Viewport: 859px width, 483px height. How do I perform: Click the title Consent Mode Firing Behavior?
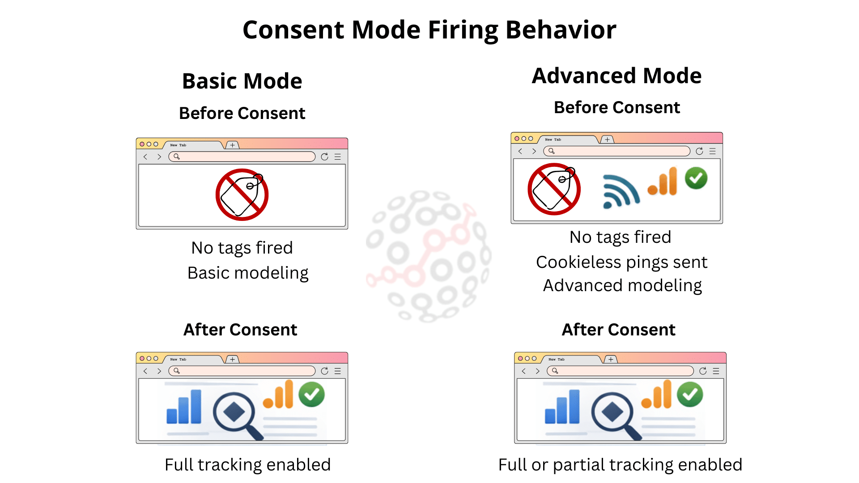tap(429, 30)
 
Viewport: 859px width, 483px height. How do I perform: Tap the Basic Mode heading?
tap(242, 81)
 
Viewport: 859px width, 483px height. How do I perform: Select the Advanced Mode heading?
tap(617, 76)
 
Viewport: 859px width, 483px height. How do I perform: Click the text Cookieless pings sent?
tap(621, 262)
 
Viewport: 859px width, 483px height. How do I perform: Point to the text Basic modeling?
tap(248, 273)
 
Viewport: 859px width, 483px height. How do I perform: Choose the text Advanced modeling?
tap(622, 285)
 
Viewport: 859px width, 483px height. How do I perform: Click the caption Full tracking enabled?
tap(247, 465)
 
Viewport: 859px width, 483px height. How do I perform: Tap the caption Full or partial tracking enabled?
tap(620, 465)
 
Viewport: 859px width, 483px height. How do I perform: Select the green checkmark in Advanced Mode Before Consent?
tap(696, 178)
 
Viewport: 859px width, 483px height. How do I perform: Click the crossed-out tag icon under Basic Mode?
tap(242, 195)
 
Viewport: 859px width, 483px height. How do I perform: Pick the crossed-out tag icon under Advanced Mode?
tap(554, 189)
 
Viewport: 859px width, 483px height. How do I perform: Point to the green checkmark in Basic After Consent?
tap(312, 394)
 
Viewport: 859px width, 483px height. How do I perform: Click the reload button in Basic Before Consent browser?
tap(325, 157)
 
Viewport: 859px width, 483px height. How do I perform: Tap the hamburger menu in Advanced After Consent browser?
tap(716, 371)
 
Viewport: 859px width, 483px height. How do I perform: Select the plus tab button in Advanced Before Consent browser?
tap(607, 140)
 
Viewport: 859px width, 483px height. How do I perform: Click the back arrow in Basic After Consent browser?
tap(145, 371)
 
